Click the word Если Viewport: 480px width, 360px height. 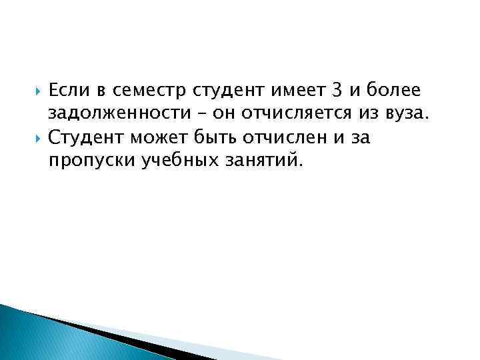[x=69, y=90]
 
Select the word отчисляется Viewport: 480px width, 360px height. [x=317, y=114]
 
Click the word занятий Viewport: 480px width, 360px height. [x=264, y=162]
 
